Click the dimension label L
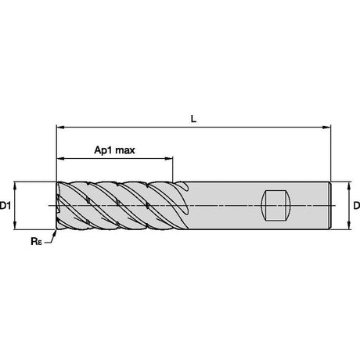(193, 119)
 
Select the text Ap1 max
(114, 150)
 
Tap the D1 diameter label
(5, 206)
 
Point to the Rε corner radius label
(36, 241)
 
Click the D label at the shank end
(357, 206)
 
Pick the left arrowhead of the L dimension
(60, 128)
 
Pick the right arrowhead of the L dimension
(326, 128)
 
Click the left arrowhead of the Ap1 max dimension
(61, 158)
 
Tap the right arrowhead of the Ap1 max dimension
(168, 158)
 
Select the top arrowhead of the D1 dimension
(15, 185)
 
